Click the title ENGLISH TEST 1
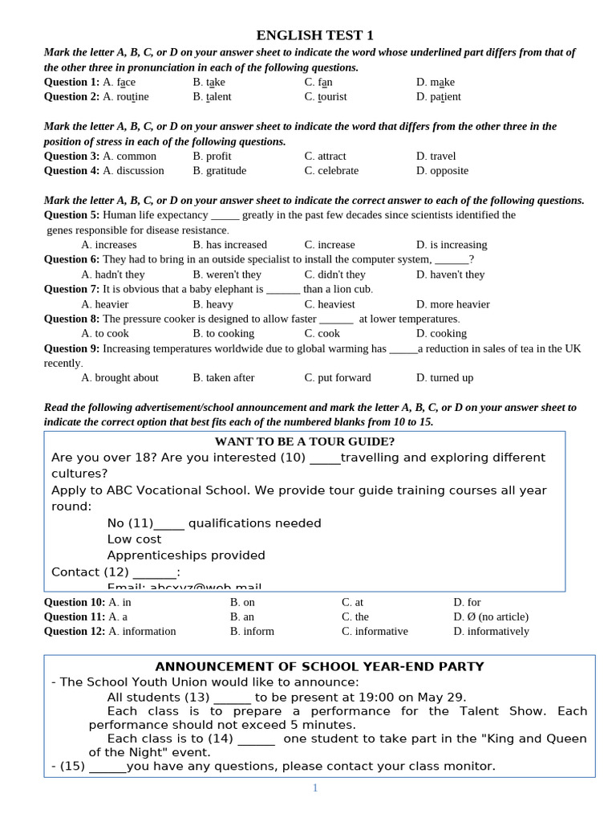pos(314,35)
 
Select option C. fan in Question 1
pos(318,82)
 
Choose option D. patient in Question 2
pos(438,96)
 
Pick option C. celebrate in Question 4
pos(331,170)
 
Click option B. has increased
pos(229,244)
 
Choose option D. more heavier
pos(452,304)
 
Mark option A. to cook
pos(105,333)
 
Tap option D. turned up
pos(444,377)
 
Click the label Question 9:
pos(71,348)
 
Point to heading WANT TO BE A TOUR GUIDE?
pos(305,442)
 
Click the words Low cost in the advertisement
pos(134,539)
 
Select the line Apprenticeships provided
pos(186,555)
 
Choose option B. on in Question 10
pos(242,602)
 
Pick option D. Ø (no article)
pos(490,616)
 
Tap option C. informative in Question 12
pos(375,631)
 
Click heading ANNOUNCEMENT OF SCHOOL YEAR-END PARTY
pos(319,666)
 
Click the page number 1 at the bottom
pos(315,788)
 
